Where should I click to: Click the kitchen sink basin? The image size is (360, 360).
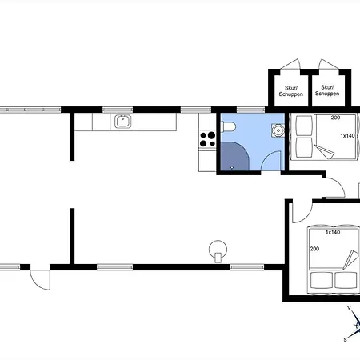[x=123, y=122]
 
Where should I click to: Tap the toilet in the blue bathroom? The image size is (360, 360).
[x=228, y=126]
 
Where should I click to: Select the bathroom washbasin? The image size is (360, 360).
[x=278, y=130]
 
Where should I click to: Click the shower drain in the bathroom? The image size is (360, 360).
[x=231, y=167]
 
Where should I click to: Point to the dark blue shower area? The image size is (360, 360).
[x=234, y=156]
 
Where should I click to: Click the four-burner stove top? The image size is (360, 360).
[x=207, y=139]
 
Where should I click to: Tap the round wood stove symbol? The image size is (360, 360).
[x=218, y=250]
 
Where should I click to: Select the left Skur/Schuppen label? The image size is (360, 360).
[x=291, y=91]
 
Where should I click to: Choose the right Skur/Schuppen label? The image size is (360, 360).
[x=327, y=90]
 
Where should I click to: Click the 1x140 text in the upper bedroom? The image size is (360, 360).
[x=347, y=136]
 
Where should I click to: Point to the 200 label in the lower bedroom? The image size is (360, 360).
[x=314, y=249]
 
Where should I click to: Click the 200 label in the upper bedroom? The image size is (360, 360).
[x=335, y=118]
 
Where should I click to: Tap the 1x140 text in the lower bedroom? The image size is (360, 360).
[x=333, y=232]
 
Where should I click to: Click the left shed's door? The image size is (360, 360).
[x=290, y=64]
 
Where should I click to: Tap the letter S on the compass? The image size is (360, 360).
[x=346, y=339]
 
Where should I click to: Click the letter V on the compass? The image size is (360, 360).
[x=349, y=308]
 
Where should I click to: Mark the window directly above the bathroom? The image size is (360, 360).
[x=250, y=110]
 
